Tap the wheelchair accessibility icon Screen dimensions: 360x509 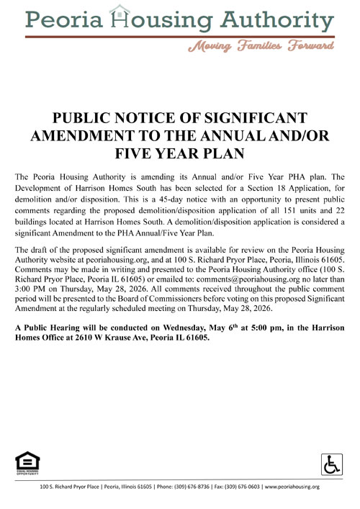point(332,463)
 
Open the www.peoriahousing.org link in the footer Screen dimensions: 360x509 point(292,487)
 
